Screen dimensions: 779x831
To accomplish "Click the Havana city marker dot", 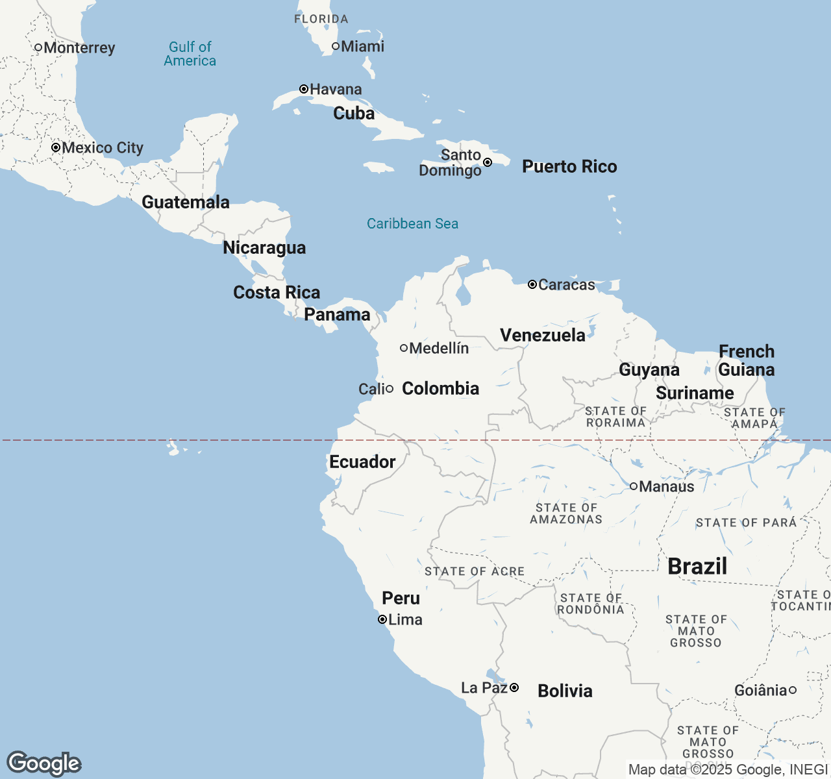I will [303, 89].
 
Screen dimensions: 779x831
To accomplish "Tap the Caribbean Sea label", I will [412, 223].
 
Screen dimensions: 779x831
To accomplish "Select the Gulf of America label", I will [190, 54].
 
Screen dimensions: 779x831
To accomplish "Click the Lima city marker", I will [382, 619].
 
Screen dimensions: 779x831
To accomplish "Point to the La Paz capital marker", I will [514, 687].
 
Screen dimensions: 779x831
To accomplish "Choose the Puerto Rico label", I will [569, 167].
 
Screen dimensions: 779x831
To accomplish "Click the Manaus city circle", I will [634, 486].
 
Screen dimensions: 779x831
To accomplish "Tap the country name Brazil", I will [697, 566].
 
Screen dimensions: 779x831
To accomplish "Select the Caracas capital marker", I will [532, 284].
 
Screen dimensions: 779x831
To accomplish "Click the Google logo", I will [43, 763].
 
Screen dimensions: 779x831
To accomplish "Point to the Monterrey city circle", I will [38, 47].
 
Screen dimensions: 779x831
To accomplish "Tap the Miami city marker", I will [336, 46].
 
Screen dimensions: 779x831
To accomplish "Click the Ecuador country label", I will [362, 462].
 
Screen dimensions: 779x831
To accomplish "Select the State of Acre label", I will [474, 571].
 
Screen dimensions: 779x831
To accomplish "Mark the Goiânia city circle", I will [793, 690].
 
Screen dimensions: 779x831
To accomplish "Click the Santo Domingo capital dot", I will [488, 162].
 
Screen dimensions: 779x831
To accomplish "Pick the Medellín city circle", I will [404, 348].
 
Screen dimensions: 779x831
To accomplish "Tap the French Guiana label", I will [746, 360].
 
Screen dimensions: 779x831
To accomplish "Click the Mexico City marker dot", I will [56, 147].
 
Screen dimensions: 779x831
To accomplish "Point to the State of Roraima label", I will [615, 417].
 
